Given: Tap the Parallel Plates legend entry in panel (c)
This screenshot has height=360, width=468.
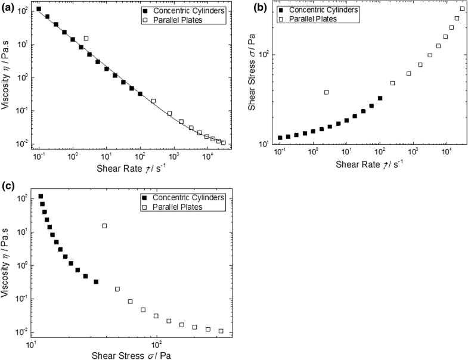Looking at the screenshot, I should click(191, 207).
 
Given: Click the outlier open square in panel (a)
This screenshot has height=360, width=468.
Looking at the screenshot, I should click(86, 38).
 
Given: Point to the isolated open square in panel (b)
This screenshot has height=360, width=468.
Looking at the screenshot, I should click(326, 92).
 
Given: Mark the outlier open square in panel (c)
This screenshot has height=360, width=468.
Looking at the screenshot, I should click(104, 226).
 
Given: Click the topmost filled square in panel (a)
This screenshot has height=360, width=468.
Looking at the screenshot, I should click(39, 9).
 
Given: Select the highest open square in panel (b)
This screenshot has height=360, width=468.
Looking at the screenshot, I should click(463, 8).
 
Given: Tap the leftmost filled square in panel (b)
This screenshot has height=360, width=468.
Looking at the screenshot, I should click(280, 138).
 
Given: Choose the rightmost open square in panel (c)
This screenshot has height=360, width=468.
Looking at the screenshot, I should click(221, 331).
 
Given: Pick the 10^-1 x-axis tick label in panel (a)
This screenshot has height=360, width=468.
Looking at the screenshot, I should click(39, 156).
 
